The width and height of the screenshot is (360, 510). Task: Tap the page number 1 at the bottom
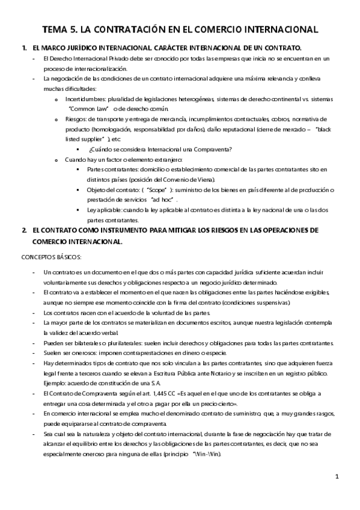point(337,477)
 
